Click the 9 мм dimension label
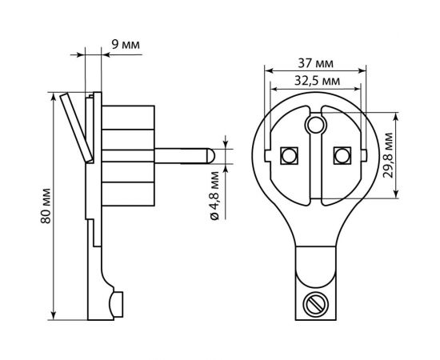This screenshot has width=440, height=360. pyautogui.click(x=126, y=45)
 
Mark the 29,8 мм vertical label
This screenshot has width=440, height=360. pyautogui.click(x=409, y=160)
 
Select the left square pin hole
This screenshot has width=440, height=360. pyautogui.click(x=289, y=154)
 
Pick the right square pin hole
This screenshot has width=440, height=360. pyautogui.click(x=342, y=154)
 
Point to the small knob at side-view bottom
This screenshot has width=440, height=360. pyautogui.click(x=117, y=302)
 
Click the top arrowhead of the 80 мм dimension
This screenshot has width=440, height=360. pyautogui.click(x=54, y=94)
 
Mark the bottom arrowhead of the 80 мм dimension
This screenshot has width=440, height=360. pyautogui.click(x=54, y=315)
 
